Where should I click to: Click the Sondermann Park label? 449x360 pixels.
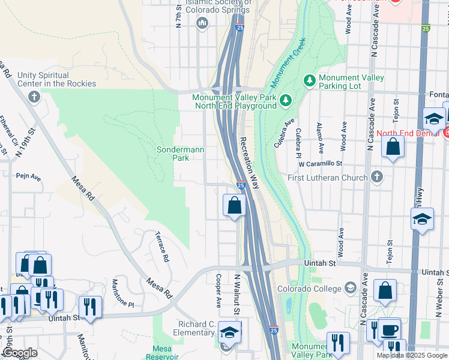coord(173,154)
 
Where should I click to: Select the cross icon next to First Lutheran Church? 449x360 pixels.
coord(376,177)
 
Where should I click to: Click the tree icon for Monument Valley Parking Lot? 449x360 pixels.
coord(309,80)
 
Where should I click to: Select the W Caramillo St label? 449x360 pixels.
coord(320,163)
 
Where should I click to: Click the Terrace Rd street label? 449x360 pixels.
coord(161,247)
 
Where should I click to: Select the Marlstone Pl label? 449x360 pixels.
coord(123,293)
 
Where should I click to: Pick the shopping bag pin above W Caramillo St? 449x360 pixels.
coord(393,148)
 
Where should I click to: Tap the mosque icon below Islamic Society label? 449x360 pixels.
coord(202,23)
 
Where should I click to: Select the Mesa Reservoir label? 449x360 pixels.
coord(162,352)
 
